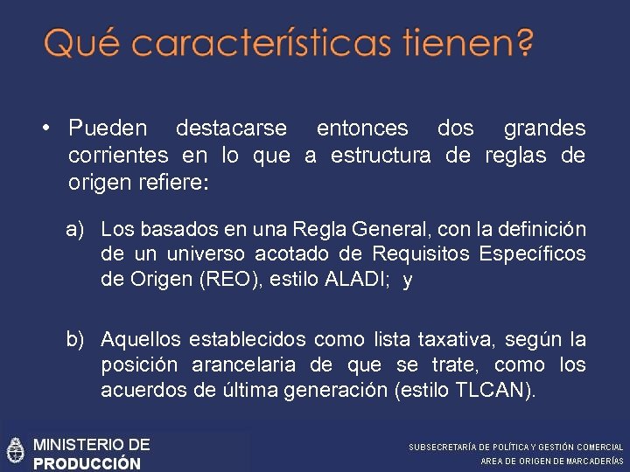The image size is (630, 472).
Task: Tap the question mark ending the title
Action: [x=523, y=41]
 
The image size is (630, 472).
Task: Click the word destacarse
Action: [x=231, y=128]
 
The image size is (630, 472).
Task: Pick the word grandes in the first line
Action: [x=544, y=128]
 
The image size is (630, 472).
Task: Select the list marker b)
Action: [x=75, y=339]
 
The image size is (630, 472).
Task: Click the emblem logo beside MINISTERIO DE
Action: [x=15, y=451]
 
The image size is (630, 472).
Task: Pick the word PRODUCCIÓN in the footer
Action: [x=87, y=463]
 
